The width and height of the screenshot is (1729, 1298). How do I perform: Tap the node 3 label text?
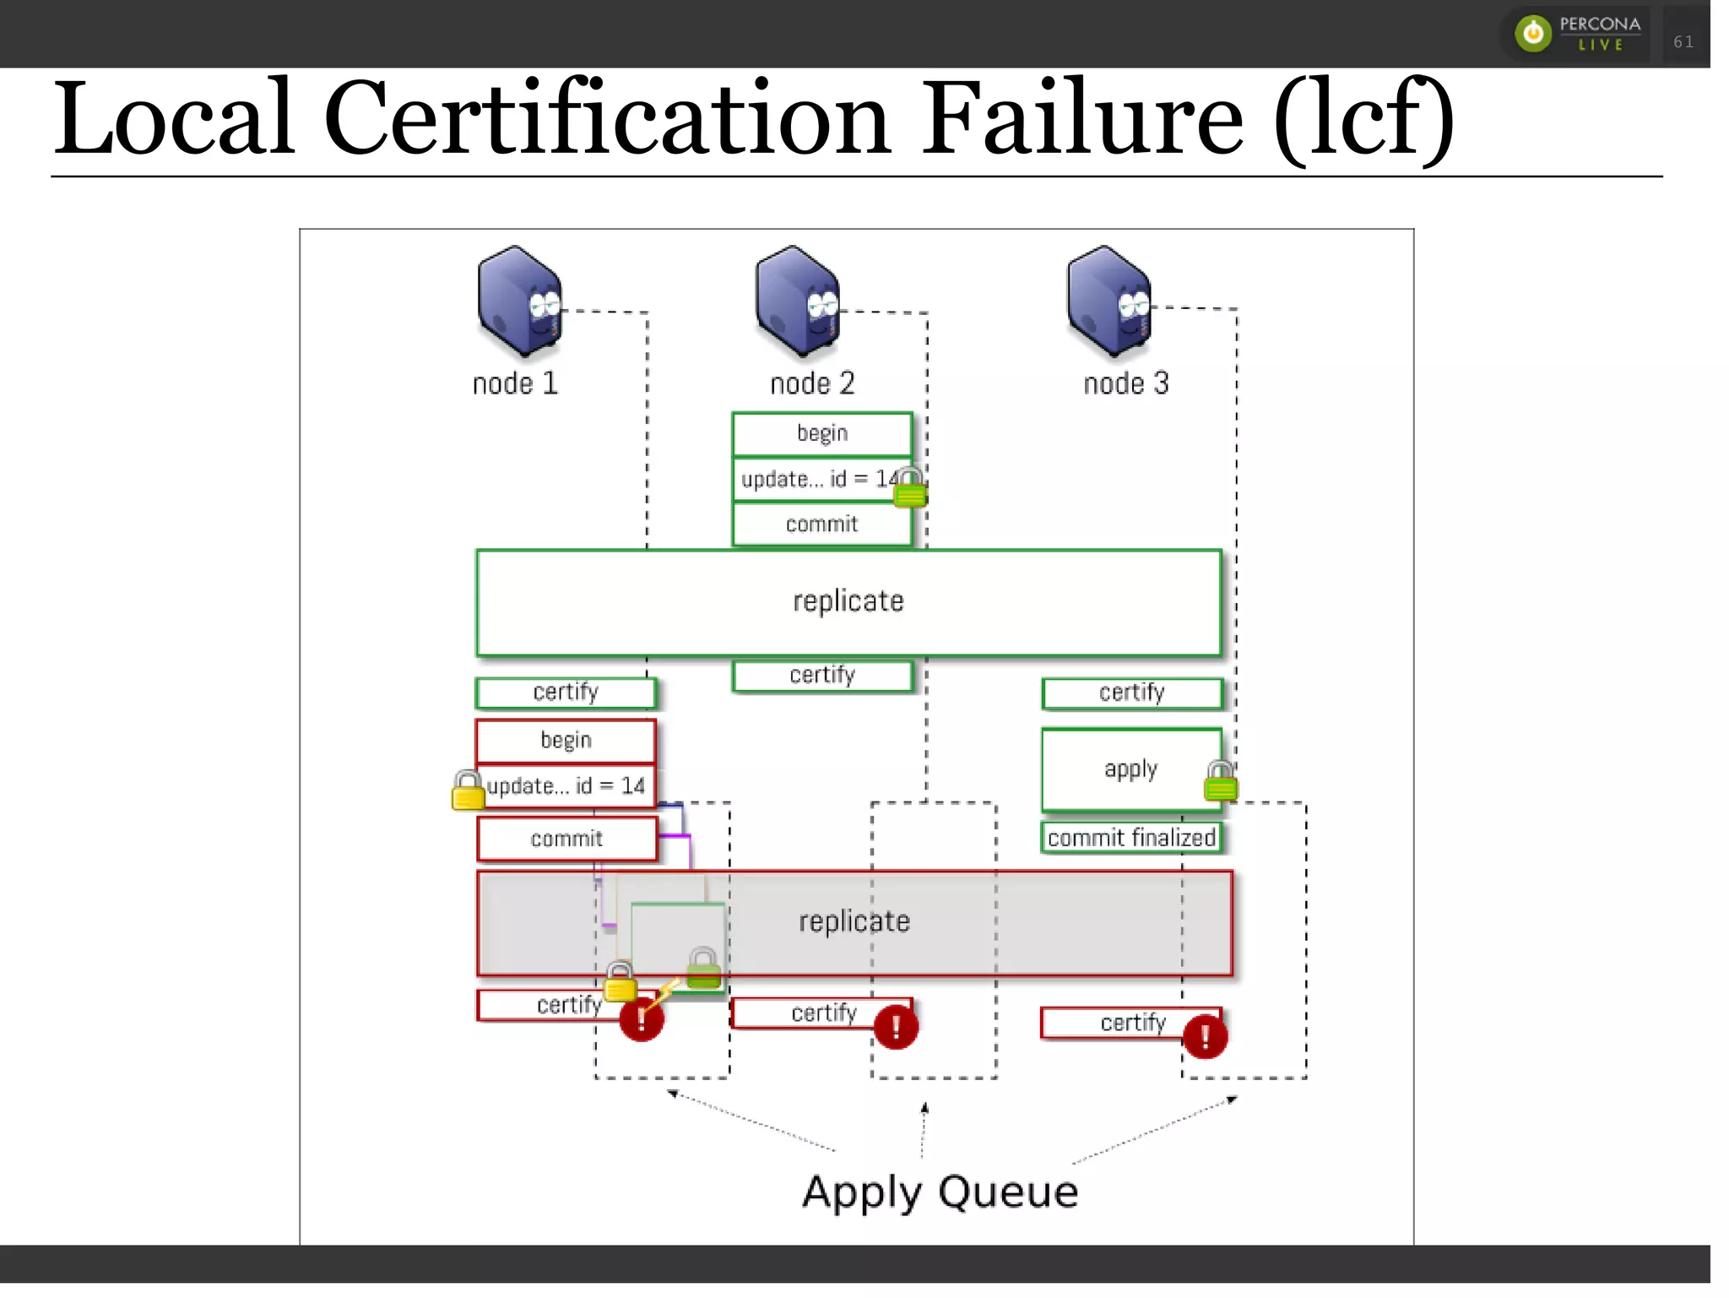click(1125, 383)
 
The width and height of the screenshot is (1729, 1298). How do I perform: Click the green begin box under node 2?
click(821, 433)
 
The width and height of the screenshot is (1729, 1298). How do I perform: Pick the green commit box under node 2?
click(821, 524)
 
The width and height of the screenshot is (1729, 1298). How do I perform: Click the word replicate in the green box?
click(848, 601)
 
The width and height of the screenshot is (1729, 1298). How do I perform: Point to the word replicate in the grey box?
click(854, 921)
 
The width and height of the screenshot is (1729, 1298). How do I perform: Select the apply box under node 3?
click(1130, 769)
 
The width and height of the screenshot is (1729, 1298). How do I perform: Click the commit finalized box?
click(1130, 838)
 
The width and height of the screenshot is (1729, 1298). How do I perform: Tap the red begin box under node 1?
click(566, 741)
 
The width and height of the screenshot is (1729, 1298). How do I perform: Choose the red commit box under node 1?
click(566, 839)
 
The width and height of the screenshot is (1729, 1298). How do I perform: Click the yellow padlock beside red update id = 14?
click(468, 790)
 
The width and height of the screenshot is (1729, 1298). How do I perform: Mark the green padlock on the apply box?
click(1220, 781)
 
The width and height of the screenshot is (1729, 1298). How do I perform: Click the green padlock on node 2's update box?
click(909, 487)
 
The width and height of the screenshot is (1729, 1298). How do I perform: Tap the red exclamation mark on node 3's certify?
click(1205, 1036)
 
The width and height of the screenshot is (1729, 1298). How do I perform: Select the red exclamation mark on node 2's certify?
click(896, 1027)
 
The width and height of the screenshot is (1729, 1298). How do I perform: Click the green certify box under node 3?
click(1131, 692)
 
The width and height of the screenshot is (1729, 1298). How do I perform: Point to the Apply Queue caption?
click(940, 1192)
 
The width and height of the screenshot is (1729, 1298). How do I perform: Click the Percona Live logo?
click(1576, 34)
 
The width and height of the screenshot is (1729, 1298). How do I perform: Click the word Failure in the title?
click(1081, 118)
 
